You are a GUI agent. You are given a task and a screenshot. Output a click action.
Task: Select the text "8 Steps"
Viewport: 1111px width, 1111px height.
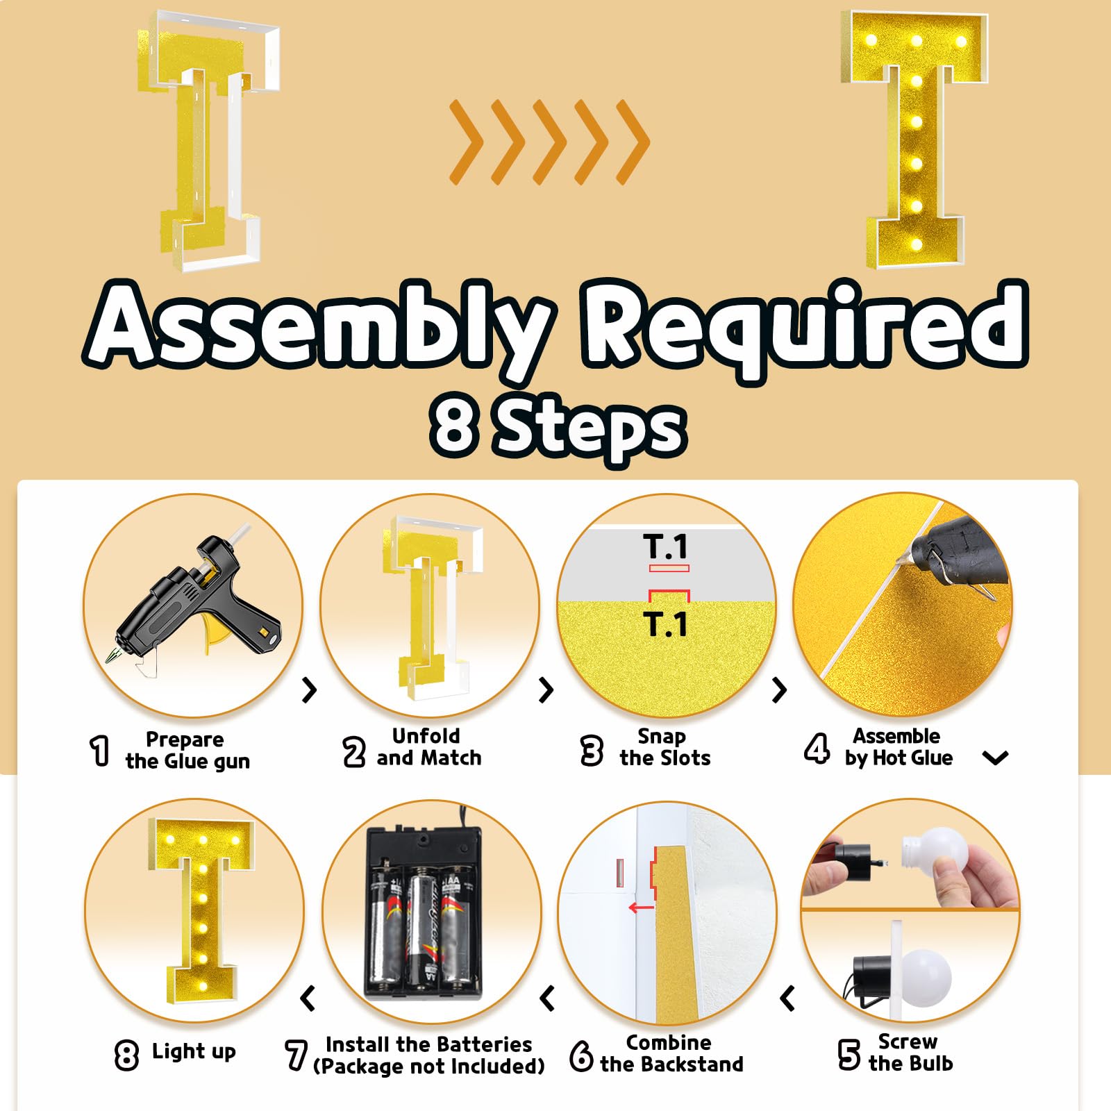[558, 426]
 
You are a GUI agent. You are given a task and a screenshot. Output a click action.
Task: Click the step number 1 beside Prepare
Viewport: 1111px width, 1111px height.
[101, 751]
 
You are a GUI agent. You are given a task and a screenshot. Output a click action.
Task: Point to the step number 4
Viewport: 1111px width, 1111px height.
[817, 749]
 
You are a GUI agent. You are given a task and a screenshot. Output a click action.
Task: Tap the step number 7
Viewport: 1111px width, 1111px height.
[296, 1055]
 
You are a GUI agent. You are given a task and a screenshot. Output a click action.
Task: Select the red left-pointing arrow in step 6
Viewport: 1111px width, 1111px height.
[641, 908]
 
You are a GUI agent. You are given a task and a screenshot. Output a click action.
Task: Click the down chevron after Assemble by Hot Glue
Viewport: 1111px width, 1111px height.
[996, 758]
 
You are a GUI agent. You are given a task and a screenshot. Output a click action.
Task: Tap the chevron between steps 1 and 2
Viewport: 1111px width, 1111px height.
[310, 690]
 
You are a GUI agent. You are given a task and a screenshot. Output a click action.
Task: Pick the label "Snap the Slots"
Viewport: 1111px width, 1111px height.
[665, 747]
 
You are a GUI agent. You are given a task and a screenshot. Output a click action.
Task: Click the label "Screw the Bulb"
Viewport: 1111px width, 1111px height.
[910, 1053]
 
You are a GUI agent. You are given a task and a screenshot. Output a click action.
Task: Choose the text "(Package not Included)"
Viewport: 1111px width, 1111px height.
[428, 1066]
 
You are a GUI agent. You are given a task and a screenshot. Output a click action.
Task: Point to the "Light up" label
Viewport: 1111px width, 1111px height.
[194, 1051]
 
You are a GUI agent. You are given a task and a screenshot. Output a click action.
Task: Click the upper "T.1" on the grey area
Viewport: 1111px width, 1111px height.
[665, 546]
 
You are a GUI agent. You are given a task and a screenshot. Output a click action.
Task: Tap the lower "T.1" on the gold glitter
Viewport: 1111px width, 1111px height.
[665, 624]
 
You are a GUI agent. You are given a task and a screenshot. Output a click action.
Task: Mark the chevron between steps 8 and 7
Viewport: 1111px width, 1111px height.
[308, 999]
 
